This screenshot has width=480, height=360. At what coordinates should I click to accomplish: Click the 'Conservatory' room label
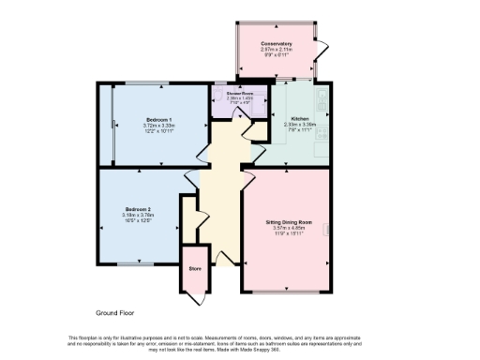click(277, 44)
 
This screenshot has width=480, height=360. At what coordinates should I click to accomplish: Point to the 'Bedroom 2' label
click(137, 208)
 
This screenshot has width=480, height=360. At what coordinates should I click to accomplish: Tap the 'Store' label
click(195, 269)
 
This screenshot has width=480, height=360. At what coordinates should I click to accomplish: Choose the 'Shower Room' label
click(241, 94)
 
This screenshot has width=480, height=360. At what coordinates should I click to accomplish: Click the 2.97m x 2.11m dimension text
click(277, 51)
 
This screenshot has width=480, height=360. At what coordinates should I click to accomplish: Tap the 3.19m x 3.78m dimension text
click(137, 215)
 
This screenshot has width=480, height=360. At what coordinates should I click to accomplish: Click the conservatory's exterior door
click(324, 47)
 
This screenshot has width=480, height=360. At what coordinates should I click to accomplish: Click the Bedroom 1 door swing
click(202, 152)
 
